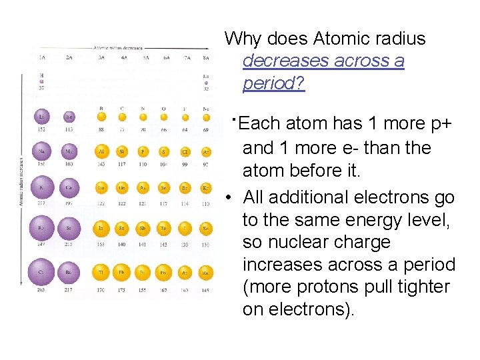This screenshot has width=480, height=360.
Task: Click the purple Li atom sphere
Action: (x=42, y=117)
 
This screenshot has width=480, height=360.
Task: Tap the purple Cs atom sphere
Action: (x=41, y=273)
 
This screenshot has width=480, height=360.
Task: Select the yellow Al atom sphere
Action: (x=101, y=152)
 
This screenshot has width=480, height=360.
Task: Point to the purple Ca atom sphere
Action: (x=69, y=188)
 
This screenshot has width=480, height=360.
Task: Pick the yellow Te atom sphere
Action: (x=163, y=228)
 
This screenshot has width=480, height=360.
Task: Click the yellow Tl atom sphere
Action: (x=101, y=272)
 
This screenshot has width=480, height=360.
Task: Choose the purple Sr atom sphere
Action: (x=69, y=229)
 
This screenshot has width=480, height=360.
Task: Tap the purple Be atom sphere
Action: (x=69, y=117)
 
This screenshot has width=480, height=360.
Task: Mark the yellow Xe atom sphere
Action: (x=206, y=229)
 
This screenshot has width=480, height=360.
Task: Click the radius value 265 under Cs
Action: (x=42, y=290)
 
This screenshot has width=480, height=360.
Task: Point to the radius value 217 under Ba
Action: (x=69, y=290)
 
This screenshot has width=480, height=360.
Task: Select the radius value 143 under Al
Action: (x=101, y=165)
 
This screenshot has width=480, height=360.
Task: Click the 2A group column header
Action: (x=69, y=58)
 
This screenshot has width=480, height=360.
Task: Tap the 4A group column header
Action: (x=123, y=58)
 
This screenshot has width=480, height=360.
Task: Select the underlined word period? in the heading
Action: (x=273, y=84)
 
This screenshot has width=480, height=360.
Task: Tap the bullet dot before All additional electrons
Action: (x=229, y=197)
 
